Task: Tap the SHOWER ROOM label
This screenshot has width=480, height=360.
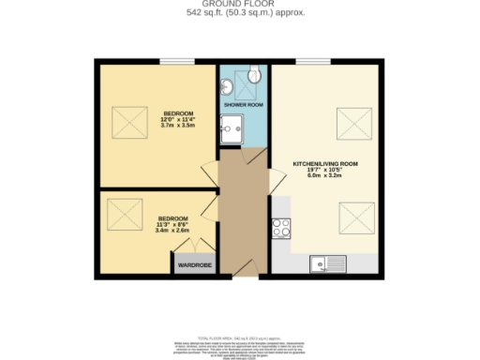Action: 243,105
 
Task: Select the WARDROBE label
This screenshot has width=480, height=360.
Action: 190,265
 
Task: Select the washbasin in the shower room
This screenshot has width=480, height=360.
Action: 227,88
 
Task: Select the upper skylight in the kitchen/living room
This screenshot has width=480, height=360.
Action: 352,122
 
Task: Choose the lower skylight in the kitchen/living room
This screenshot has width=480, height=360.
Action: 352,219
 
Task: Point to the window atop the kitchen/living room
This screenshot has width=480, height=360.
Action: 310,62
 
